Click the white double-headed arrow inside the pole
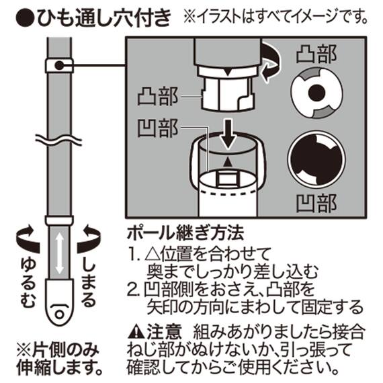[59, 251]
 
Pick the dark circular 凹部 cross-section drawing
[315, 161]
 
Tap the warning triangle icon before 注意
[135, 331]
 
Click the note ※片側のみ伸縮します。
[58, 359]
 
